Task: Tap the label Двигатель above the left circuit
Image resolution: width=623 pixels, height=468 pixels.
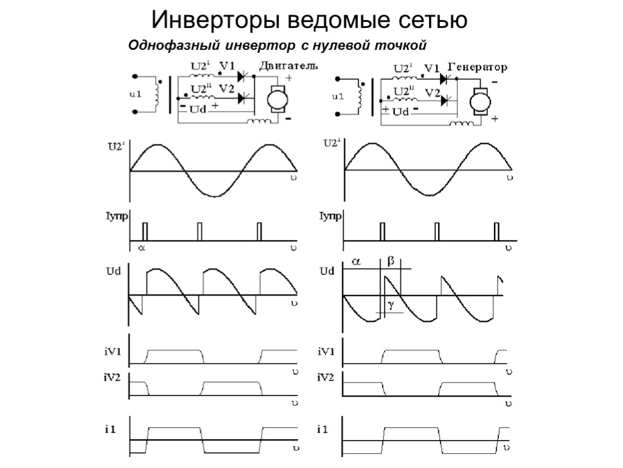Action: pyautogui.click(x=288, y=66)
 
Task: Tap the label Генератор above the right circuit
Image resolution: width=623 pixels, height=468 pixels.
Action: pyautogui.click(x=478, y=66)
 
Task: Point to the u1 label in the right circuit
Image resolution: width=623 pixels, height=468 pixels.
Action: pyautogui.click(x=338, y=96)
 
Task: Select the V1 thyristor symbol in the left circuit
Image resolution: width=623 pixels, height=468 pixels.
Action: pyautogui.click(x=246, y=76)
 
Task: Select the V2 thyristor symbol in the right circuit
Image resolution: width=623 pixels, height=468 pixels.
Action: pyautogui.click(x=448, y=99)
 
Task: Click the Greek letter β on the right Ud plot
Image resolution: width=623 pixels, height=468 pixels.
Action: pyautogui.click(x=391, y=261)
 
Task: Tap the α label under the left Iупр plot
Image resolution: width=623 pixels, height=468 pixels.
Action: pyautogui.click(x=142, y=248)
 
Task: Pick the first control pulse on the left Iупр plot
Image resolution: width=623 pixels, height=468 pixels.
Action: pyautogui.click(x=145, y=232)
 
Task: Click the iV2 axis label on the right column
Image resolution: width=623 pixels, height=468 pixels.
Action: pyautogui.click(x=325, y=378)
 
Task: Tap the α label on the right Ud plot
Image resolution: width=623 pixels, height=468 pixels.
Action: pyautogui.click(x=356, y=262)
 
